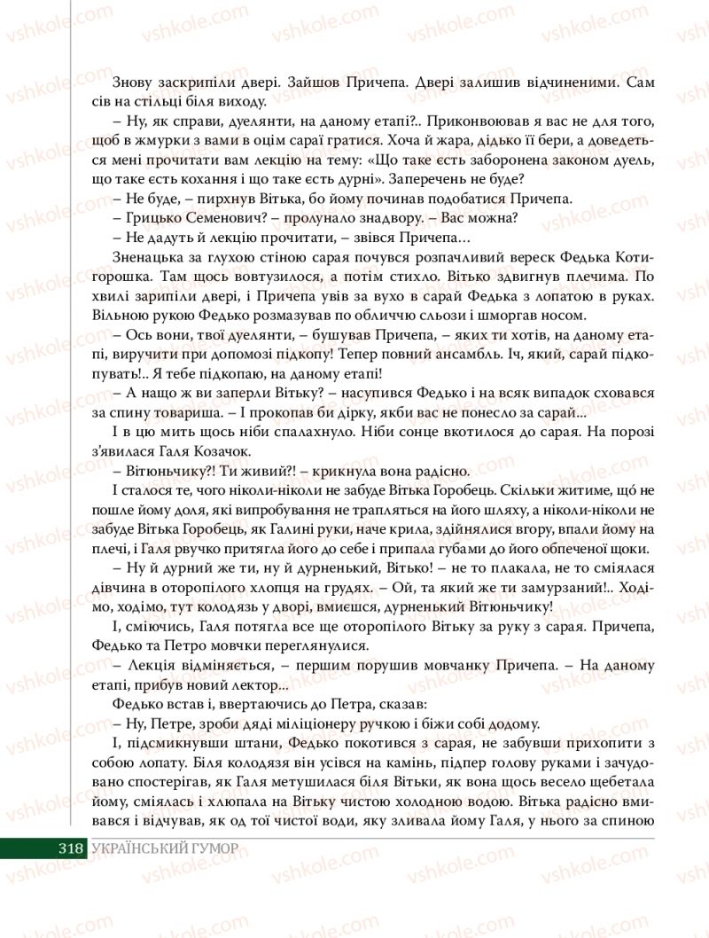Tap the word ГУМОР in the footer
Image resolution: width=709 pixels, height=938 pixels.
click(x=213, y=848)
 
